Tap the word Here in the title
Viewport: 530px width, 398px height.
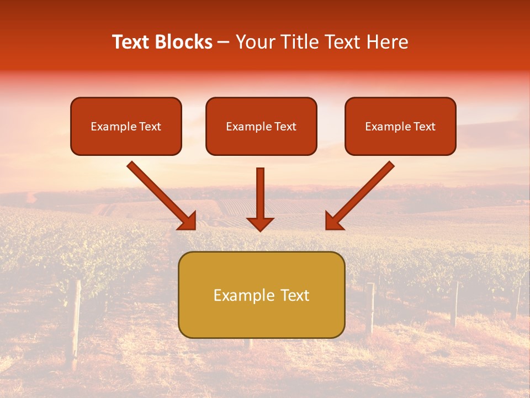click(386, 42)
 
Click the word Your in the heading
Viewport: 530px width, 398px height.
click(254, 42)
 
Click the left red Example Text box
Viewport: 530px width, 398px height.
click(126, 126)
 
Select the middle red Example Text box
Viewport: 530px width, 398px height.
click(261, 126)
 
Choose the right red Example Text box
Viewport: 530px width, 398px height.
click(400, 126)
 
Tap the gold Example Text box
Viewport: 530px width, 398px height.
click(261, 295)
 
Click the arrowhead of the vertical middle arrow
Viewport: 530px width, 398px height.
click(261, 223)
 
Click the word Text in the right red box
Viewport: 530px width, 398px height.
click(425, 127)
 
